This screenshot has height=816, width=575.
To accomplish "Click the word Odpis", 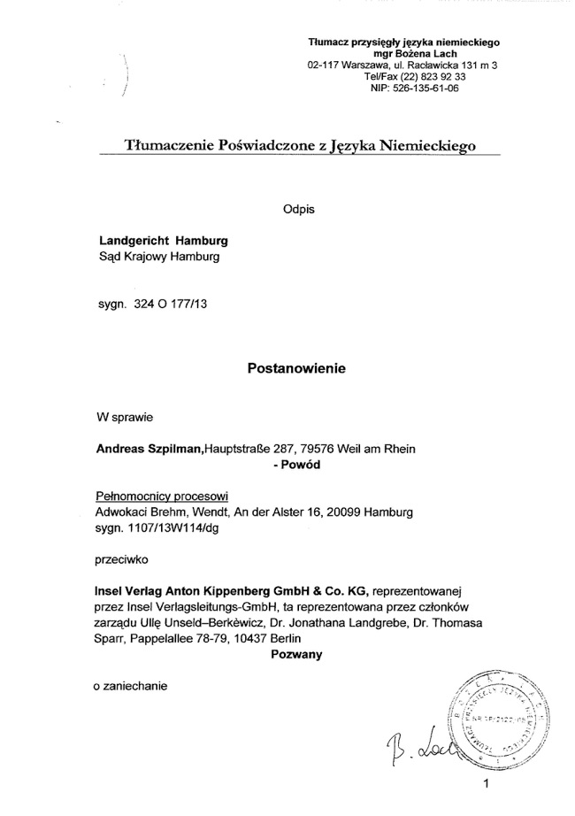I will pos(298,210).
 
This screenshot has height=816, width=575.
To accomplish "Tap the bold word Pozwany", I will pos(295,655).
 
